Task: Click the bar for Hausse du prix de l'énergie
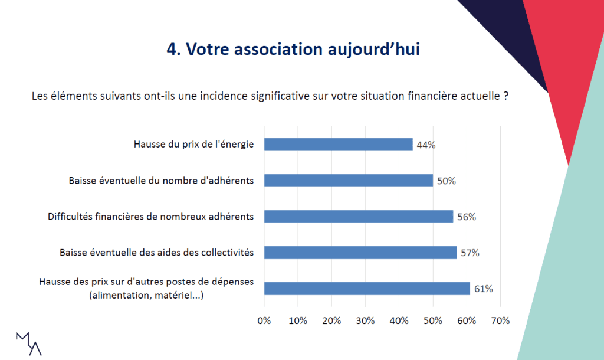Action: click(x=338, y=145)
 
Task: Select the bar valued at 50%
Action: click(x=348, y=181)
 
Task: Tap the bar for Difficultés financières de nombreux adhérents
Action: click(x=358, y=217)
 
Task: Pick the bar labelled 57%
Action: click(x=360, y=253)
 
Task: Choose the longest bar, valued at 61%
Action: click(x=367, y=289)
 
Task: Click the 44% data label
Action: click(x=426, y=145)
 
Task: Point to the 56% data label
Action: click(x=466, y=217)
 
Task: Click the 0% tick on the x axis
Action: click(x=264, y=321)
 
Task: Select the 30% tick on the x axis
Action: click(x=365, y=321)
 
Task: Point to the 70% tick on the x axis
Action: click(x=500, y=321)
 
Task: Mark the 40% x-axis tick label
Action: click(x=399, y=321)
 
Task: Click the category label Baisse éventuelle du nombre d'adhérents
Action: click(x=161, y=181)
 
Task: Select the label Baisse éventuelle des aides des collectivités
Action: click(x=156, y=253)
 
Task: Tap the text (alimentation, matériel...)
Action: click(x=146, y=296)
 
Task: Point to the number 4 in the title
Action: click(x=172, y=50)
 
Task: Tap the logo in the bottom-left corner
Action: click(x=28, y=343)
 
